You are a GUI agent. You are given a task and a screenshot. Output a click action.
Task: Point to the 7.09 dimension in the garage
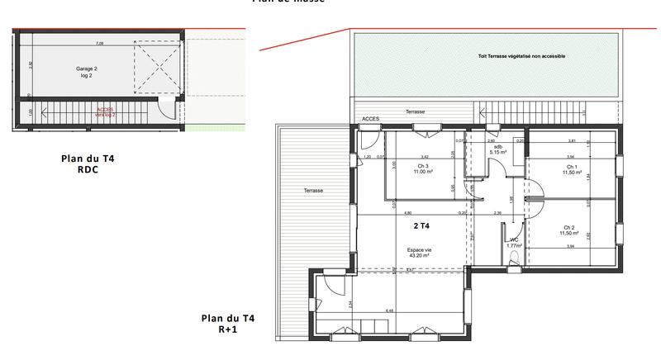tap(100, 41)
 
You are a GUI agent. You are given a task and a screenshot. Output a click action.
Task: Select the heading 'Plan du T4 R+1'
tap(228, 323)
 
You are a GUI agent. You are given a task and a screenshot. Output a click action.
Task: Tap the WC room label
tap(513, 241)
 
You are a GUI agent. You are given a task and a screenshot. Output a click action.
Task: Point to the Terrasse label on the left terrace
tap(312, 191)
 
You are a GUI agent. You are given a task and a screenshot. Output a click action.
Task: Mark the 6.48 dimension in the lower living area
tap(388, 311)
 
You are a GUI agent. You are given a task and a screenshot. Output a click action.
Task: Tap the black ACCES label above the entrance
tap(371, 120)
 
